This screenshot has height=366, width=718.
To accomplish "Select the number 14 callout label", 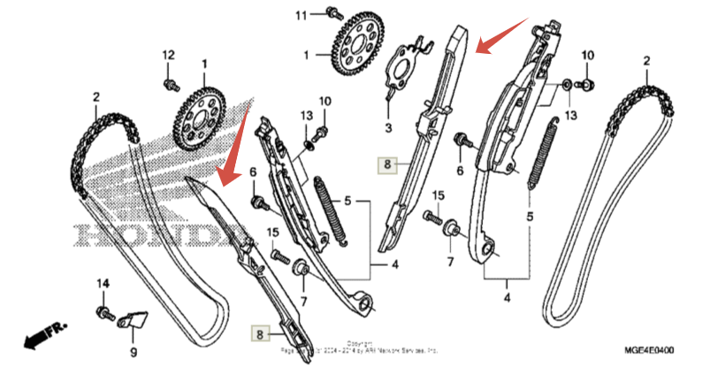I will (x=103, y=283).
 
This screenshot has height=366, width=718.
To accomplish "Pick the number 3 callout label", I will (x=386, y=129).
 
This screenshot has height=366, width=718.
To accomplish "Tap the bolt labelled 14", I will (x=104, y=311).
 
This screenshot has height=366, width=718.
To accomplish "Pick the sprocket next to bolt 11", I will (x=364, y=44).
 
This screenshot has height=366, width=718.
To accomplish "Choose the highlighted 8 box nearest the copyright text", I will (x=260, y=333).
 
